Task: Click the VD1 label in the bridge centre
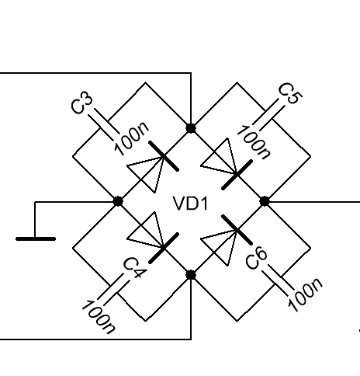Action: [191, 204]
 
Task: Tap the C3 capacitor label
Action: [81, 103]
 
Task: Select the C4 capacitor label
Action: [135, 269]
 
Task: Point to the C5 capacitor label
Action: [290, 93]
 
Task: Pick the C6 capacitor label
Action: [256, 258]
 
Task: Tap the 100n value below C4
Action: [99, 317]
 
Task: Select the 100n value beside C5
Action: [254, 142]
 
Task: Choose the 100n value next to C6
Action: [305, 294]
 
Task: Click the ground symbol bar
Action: [36, 238]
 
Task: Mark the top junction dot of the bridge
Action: [191, 128]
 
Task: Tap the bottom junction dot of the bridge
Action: [191, 275]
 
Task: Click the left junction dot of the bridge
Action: [118, 201]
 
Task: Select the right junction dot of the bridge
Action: [264, 201]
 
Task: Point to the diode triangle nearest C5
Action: [223, 158]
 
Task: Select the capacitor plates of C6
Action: [278, 280]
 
